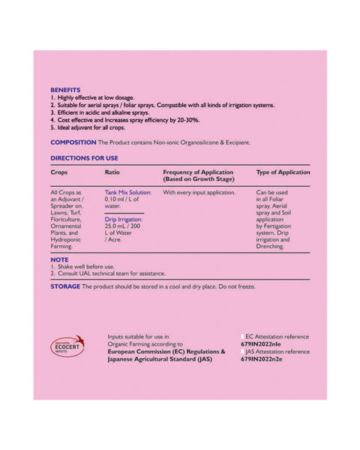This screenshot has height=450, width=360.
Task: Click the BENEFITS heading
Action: (x=65, y=89)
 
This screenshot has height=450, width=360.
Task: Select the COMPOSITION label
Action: (x=73, y=142)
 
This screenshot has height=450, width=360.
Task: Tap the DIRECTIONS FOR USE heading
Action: (x=84, y=158)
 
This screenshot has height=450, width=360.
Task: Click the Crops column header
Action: (x=59, y=172)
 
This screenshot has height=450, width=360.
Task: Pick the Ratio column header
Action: (x=112, y=172)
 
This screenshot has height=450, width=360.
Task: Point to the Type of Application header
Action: (x=283, y=172)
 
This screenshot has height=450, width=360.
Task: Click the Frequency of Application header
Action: (x=198, y=175)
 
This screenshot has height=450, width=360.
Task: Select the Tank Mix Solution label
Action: (x=128, y=193)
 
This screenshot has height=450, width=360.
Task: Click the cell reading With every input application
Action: (x=199, y=193)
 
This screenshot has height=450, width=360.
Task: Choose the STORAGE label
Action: (x=66, y=286)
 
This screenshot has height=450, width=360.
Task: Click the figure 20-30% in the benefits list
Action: (x=186, y=120)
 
